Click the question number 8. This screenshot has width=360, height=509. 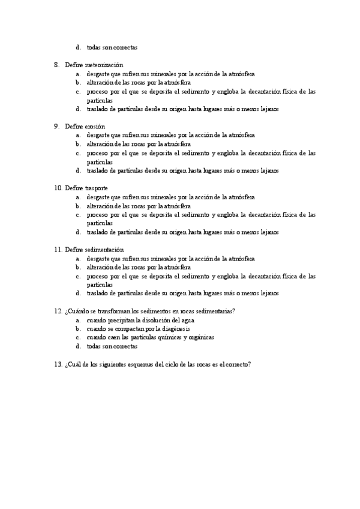point(56,65)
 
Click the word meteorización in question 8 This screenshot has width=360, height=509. point(104,65)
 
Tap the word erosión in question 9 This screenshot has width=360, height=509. point(95,127)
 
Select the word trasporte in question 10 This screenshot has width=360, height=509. point(96,188)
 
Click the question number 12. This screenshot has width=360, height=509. point(58,312)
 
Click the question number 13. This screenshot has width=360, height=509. point(58,364)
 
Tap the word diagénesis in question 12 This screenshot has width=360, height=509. point(174,329)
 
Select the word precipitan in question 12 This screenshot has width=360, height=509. point(121,320)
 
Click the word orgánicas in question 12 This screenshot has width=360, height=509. point(200,337)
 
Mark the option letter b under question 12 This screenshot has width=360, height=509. point(77,329)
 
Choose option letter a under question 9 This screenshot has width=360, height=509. point(77,135)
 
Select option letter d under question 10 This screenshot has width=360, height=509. point(77,232)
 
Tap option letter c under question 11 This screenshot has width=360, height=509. point(77,276)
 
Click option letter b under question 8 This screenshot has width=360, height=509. point(77,82)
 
